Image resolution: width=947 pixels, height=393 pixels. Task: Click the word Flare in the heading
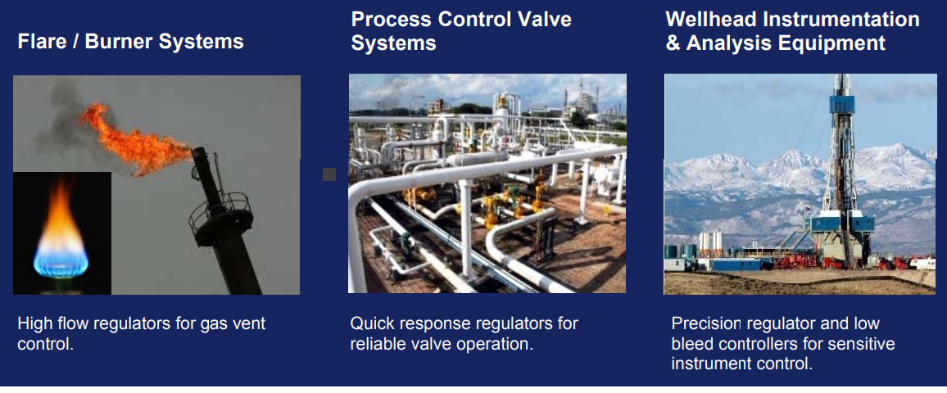42,42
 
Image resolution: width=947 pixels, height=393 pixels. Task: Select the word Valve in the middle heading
542,19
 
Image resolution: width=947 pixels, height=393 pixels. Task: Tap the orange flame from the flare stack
137,139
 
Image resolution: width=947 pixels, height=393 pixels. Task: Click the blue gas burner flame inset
61,233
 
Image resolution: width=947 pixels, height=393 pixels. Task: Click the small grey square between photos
329,174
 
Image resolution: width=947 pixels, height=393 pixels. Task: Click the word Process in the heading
390,19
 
